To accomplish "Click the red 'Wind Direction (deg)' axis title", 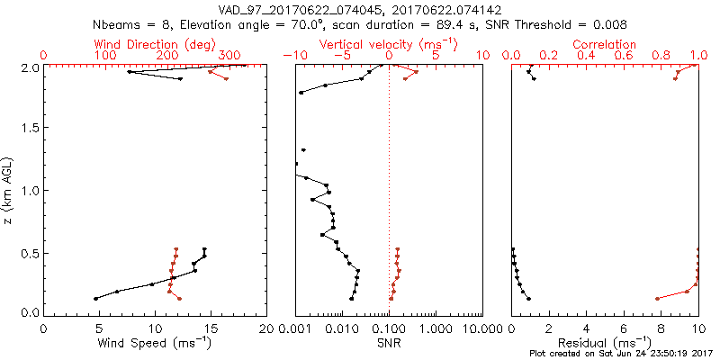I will [156, 44].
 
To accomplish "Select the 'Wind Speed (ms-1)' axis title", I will [156, 343].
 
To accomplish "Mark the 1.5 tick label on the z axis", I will [30, 129].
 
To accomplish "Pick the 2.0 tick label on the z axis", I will [30, 67].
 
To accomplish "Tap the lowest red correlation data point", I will [657, 298].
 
